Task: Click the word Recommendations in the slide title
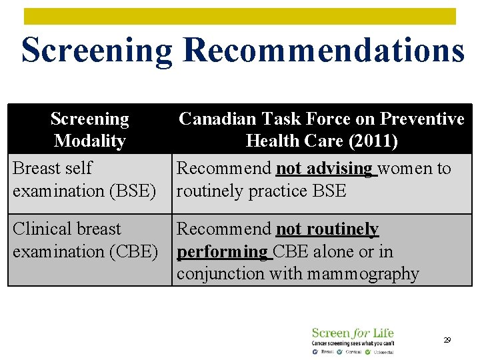click(x=323, y=50)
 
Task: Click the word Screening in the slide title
click(x=98, y=50)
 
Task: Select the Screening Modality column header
click(x=90, y=129)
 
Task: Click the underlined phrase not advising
click(x=324, y=169)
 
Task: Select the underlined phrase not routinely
click(x=327, y=229)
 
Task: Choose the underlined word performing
click(x=221, y=251)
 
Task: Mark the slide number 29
click(x=447, y=340)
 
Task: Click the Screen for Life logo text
click(x=353, y=333)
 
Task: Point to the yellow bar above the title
click(x=240, y=16)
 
